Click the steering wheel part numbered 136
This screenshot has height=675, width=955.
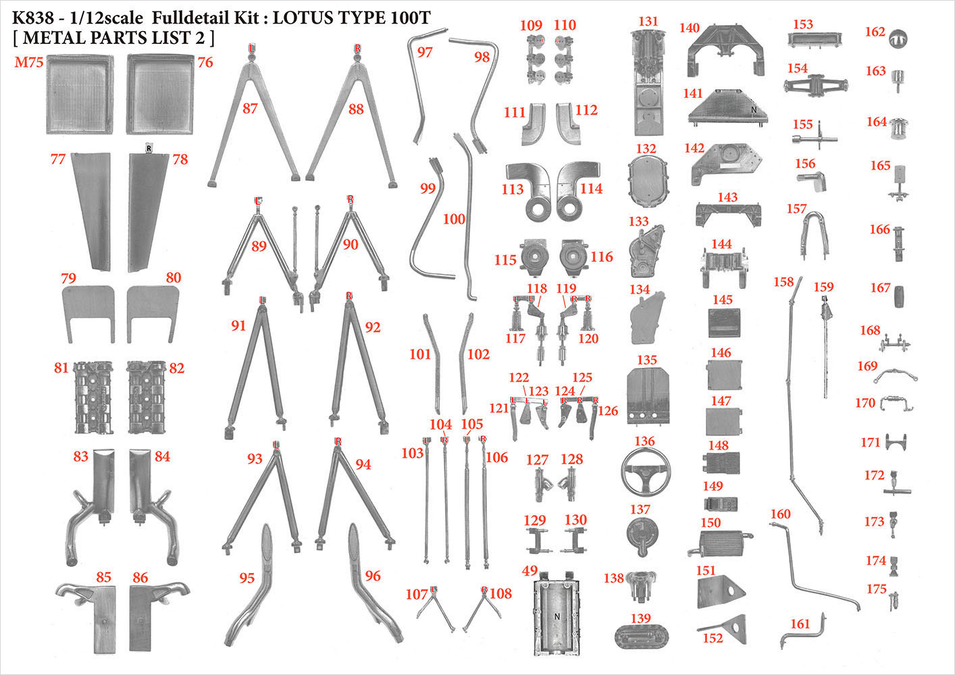pyautogui.click(x=645, y=471)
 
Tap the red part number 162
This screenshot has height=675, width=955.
pyautogui.click(x=875, y=32)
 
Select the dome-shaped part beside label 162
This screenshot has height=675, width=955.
pyautogui.click(x=898, y=39)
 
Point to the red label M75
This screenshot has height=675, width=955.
pyautogui.click(x=29, y=62)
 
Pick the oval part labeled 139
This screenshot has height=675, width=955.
pyautogui.click(x=642, y=637)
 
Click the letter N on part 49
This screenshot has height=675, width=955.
pyautogui.click(x=557, y=617)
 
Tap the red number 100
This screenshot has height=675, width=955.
pyautogui.click(x=454, y=219)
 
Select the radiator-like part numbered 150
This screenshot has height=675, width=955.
pyautogui.click(x=720, y=543)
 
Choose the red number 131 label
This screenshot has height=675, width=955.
pyautogui.click(x=648, y=22)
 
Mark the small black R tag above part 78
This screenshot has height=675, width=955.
pyautogui.click(x=149, y=148)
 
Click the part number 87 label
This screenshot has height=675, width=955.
pyautogui.click(x=251, y=108)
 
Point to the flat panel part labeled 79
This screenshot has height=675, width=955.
pyautogui.click(x=88, y=314)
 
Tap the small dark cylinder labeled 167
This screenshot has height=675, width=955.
pyautogui.click(x=898, y=296)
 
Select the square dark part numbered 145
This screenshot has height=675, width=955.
pyautogui.click(x=724, y=323)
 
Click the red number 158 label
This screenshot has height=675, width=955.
pyautogui.click(x=783, y=281)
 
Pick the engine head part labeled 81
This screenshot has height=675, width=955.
pyautogui.click(x=93, y=397)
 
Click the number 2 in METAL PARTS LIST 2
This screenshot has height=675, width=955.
pyautogui.click(x=201, y=38)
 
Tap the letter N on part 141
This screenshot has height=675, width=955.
pyautogui.click(x=754, y=110)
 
